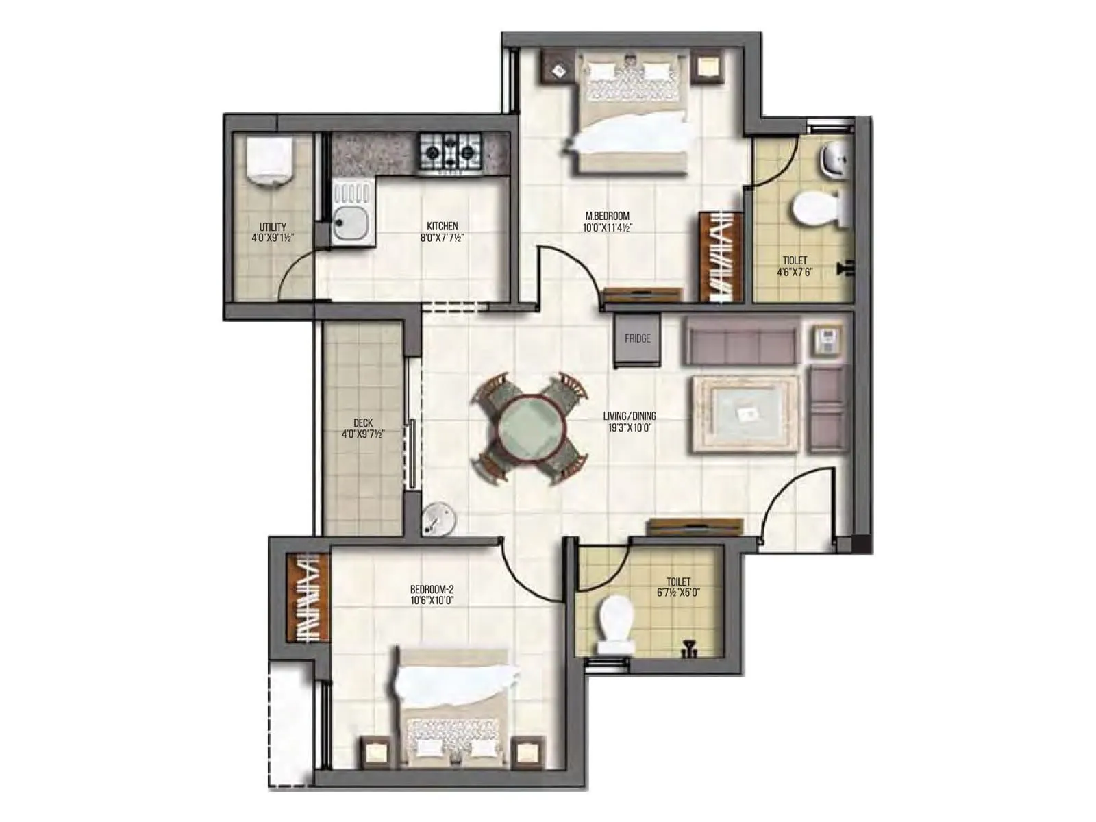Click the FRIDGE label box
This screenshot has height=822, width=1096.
(x=637, y=340)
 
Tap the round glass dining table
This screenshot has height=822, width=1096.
(x=529, y=429)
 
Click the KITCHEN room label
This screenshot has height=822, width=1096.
(x=442, y=226)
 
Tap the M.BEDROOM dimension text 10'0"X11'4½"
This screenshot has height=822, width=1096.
(x=607, y=227)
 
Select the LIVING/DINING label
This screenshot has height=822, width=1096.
(x=629, y=416)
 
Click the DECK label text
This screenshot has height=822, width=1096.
(x=363, y=423)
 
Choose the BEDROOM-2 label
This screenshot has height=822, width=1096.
(x=432, y=589)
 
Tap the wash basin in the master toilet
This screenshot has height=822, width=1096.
(x=833, y=159)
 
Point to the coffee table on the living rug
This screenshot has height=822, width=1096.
(x=745, y=413)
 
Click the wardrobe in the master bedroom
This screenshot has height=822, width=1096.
(x=721, y=257)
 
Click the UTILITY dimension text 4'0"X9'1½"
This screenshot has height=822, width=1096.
(x=273, y=238)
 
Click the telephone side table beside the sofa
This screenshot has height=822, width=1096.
(x=827, y=340)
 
